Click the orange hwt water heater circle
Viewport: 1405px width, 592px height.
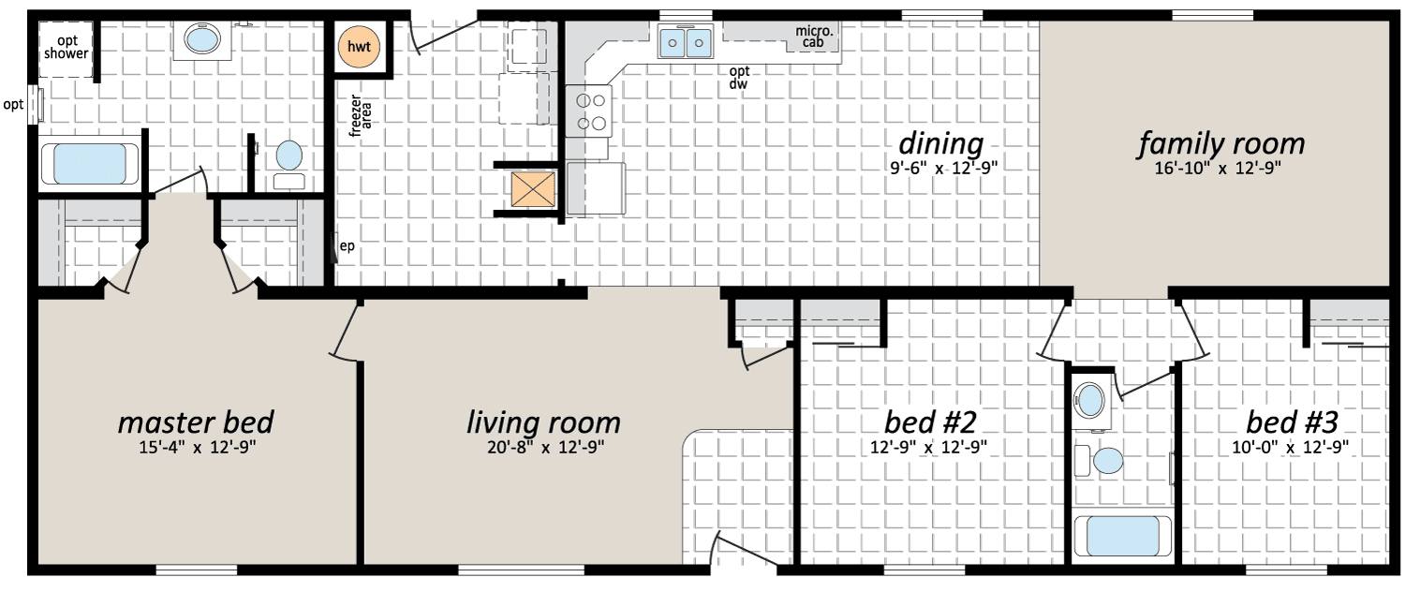pyautogui.click(x=359, y=47)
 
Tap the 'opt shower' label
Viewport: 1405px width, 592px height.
pyautogui.click(x=67, y=47)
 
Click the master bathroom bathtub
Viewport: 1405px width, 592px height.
pyautogui.click(x=89, y=164)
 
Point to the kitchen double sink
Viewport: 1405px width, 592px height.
pyautogui.click(x=686, y=41)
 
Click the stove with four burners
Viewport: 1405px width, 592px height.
pyautogui.click(x=588, y=111)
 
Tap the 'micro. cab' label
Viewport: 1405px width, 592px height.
pyautogui.click(x=814, y=37)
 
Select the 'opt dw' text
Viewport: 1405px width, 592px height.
pyautogui.click(x=739, y=77)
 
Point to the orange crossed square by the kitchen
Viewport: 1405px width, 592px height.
pyautogui.click(x=533, y=189)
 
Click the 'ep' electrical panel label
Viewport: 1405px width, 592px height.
pyautogui.click(x=347, y=246)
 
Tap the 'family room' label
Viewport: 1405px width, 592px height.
pyautogui.click(x=1220, y=143)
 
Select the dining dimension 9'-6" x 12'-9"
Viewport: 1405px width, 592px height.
pyautogui.click(x=943, y=168)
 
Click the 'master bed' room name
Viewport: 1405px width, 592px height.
pyautogui.click(x=196, y=422)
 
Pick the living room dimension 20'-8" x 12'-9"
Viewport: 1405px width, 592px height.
pyautogui.click(x=545, y=447)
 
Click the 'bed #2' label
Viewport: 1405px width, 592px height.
pyautogui.click(x=930, y=422)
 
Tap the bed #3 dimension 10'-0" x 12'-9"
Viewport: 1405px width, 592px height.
pyautogui.click(x=1290, y=447)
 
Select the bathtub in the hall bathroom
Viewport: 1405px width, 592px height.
pyautogui.click(x=1122, y=536)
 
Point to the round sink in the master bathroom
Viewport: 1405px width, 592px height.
pyautogui.click(x=202, y=40)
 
